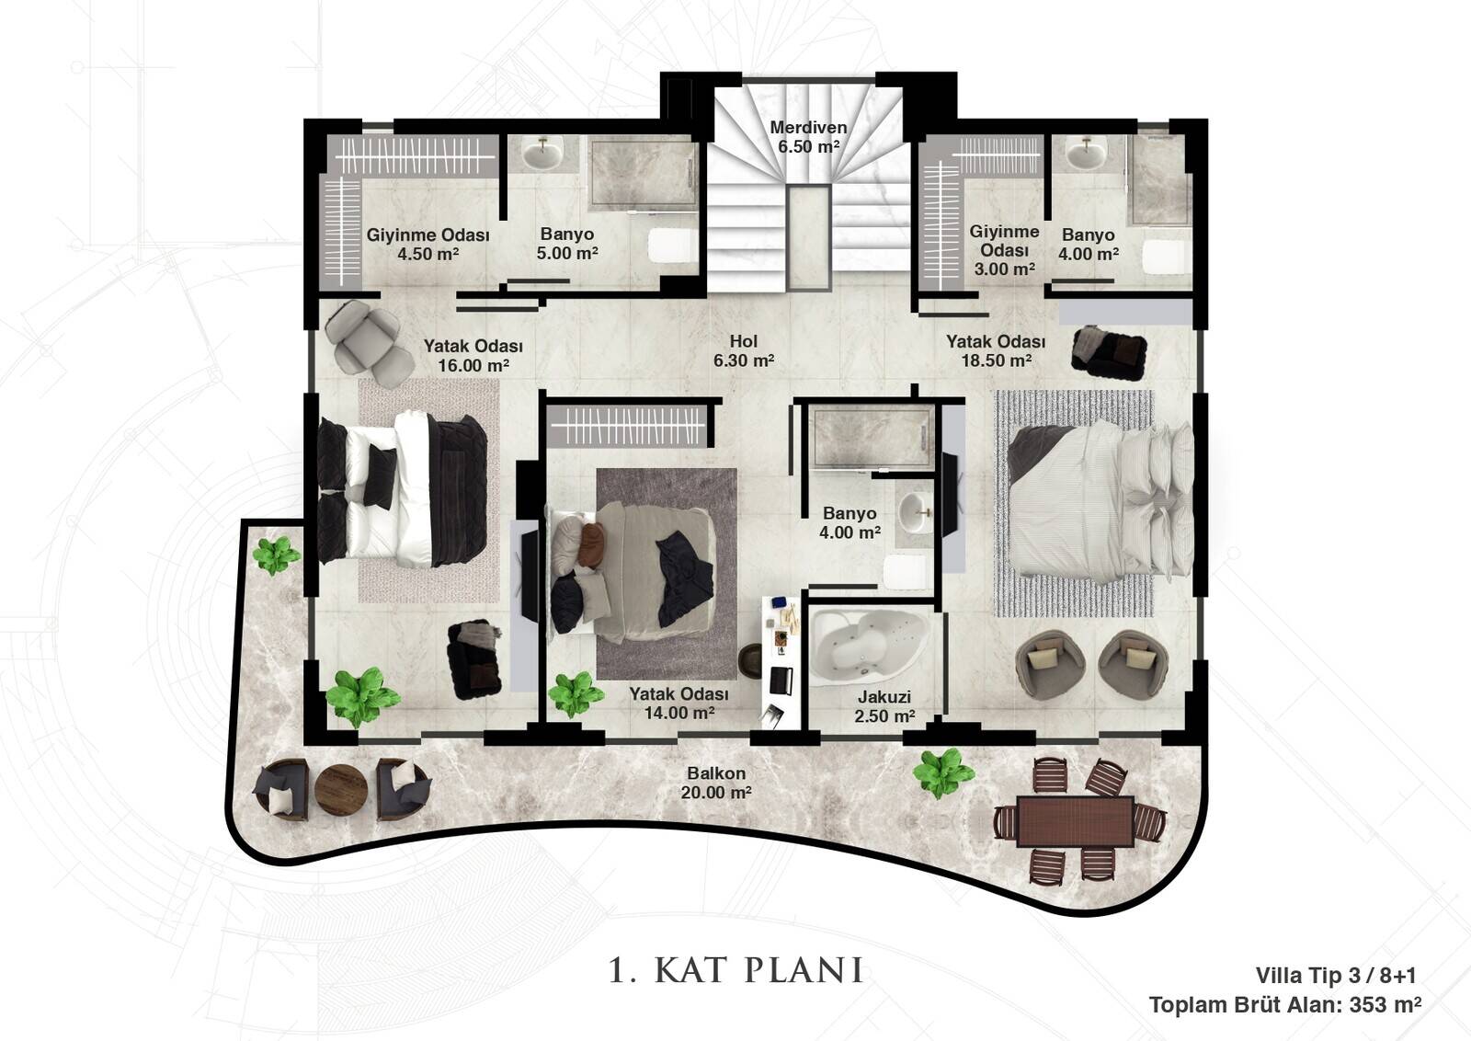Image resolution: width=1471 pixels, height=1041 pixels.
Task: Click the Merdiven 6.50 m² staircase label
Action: point(808,137)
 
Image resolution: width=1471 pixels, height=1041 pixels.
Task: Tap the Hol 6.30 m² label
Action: point(744,350)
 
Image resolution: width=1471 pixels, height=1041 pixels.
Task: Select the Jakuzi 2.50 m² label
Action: point(884,706)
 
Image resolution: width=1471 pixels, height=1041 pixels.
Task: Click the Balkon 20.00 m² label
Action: point(716,783)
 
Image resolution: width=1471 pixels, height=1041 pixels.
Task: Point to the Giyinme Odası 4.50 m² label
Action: point(428,245)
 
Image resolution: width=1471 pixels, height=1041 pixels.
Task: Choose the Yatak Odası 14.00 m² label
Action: point(679,704)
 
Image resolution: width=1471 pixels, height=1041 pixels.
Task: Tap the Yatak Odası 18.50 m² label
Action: point(996,350)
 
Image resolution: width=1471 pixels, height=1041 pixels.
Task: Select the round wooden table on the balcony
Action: point(341,790)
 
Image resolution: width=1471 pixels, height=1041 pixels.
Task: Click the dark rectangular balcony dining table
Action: point(1075,821)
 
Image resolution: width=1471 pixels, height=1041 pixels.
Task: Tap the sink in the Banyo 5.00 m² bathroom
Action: point(542,154)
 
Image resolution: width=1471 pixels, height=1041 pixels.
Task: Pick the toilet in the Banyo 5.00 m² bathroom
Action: point(673,245)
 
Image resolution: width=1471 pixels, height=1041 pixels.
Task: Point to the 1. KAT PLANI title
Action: point(735,971)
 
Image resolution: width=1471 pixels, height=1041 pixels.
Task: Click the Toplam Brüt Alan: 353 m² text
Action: point(1285,1005)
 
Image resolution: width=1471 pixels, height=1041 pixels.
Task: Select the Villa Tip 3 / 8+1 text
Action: point(1336,976)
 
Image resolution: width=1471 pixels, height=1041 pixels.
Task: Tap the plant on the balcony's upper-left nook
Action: point(276,555)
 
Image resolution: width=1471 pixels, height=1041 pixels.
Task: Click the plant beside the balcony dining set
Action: point(943,773)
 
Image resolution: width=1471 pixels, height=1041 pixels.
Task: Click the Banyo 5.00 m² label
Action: point(567,244)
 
